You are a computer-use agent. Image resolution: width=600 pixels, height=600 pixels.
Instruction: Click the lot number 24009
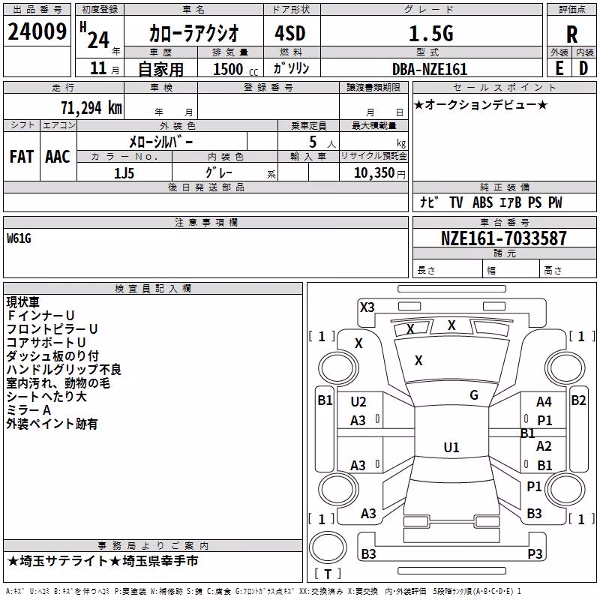[x=37, y=31]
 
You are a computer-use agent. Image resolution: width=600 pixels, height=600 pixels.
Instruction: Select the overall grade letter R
[x=571, y=34]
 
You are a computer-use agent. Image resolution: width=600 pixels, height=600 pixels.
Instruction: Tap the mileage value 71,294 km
[x=91, y=108]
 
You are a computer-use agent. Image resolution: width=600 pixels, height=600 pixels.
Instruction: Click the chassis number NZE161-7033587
[x=503, y=238]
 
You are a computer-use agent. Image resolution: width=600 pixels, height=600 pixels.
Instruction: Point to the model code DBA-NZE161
[x=430, y=69]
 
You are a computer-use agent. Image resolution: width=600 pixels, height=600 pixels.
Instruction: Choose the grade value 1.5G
[x=431, y=34]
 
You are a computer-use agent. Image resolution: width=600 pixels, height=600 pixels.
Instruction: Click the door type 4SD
[x=290, y=33]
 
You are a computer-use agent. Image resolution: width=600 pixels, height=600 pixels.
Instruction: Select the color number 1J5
[x=124, y=173]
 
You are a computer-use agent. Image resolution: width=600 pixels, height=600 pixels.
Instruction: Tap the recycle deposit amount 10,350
[x=373, y=173]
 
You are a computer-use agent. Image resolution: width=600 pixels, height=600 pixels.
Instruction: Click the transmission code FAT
[x=22, y=157]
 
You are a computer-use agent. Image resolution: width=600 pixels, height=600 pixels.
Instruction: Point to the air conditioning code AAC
[x=58, y=157]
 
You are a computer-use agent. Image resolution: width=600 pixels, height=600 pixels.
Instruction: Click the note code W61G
[x=19, y=238]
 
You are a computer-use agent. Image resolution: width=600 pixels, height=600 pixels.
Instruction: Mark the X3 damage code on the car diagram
[x=367, y=307]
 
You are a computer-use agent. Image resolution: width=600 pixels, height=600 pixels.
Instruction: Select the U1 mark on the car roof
[x=451, y=447]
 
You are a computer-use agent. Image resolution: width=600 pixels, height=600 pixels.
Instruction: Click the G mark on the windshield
[x=474, y=395]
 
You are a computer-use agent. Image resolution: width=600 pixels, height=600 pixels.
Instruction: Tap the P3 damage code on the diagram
[x=535, y=553]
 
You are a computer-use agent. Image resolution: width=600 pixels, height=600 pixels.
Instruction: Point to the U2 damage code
[x=358, y=402]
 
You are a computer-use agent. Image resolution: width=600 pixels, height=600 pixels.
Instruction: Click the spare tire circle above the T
[x=328, y=547]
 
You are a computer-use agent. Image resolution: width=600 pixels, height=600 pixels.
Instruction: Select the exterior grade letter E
[x=559, y=68]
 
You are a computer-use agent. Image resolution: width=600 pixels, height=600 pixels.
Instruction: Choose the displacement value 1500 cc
[x=235, y=69]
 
